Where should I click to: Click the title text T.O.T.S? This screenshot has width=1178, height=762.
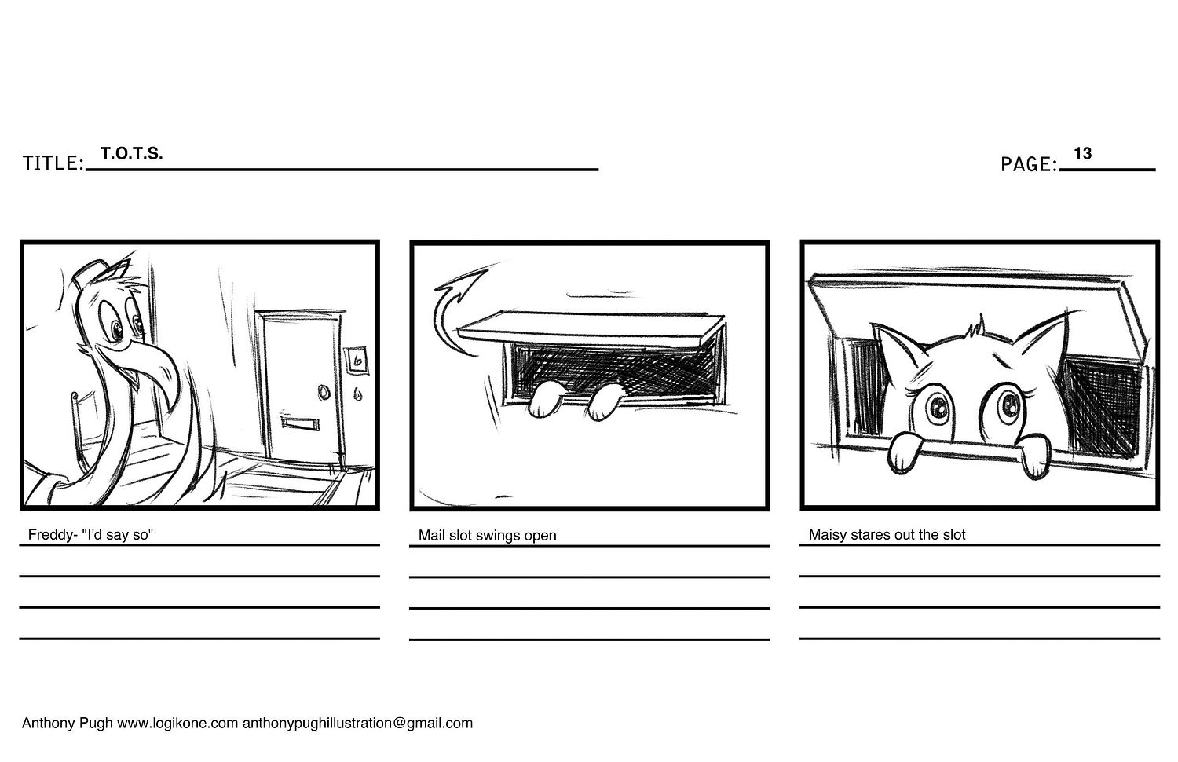pyautogui.click(x=131, y=154)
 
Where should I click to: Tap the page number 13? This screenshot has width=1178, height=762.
pyautogui.click(x=1082, y=154)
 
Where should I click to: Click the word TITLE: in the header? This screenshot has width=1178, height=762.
pyautogui.click(x=53, y=163)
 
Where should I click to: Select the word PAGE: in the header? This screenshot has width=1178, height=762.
pyautogui.click(x=1029, y=164)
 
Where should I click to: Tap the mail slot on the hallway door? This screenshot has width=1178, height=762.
pyautogui.click(x=299, y=424)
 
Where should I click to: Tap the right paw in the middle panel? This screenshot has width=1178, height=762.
pyautogui.click(x=605, y=401)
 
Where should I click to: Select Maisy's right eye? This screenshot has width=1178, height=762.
pyautogui.click(x=1008, y=405)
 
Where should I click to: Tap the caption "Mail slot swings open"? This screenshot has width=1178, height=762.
pyautogui.click(x=487, y=536)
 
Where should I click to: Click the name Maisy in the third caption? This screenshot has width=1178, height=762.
pyautogui.click(x=827, y=535)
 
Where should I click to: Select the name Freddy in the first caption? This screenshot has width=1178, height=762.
pyautogui.click(x=49, y=535)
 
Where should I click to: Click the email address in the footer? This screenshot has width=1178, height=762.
pyautogui.click(x=357, y=723)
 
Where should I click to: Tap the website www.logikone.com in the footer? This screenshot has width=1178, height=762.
pyautogui.click(x=177, y=723)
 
